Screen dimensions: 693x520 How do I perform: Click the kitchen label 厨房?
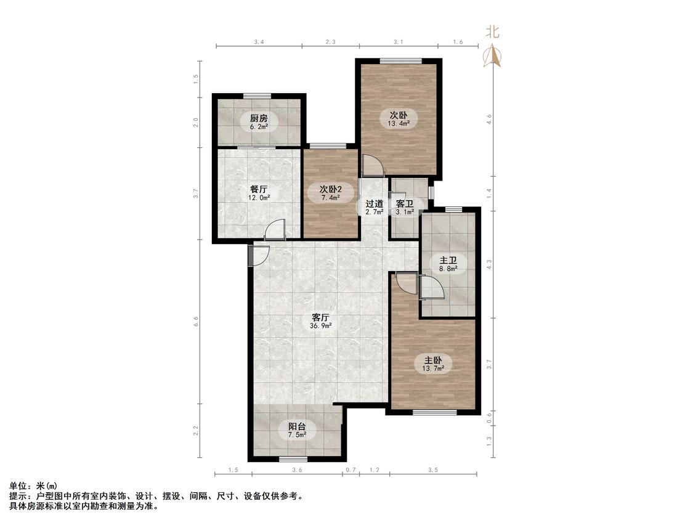259,118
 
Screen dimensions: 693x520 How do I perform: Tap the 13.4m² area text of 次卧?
398,123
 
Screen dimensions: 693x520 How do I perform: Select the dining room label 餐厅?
259,189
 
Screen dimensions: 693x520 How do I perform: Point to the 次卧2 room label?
331,189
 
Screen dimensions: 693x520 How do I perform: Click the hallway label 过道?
375,204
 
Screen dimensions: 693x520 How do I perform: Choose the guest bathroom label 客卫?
404,204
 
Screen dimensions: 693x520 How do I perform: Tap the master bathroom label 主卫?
448,260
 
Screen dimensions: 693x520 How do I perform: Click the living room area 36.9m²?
321,327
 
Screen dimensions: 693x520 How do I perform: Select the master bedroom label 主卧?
433,360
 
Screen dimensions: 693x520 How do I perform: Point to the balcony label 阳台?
297,427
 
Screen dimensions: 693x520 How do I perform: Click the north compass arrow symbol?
492,55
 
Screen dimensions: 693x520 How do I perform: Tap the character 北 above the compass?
492,32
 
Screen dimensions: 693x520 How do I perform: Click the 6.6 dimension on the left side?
196,322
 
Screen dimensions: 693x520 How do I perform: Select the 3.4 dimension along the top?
259,42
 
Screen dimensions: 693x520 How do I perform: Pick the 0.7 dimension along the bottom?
351,470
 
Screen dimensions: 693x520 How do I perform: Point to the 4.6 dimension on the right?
489,119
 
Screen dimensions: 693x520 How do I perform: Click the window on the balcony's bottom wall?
293,459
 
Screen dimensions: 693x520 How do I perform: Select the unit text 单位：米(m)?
33,486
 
